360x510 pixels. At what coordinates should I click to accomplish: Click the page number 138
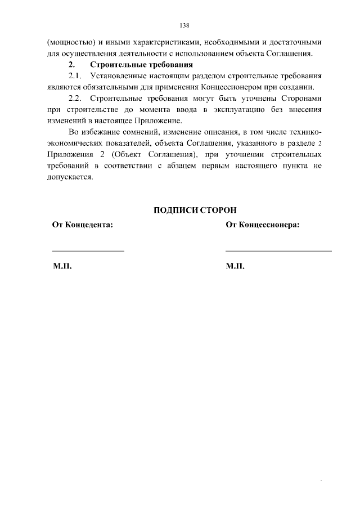[184, 25]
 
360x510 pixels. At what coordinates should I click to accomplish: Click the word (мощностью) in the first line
[67, 43]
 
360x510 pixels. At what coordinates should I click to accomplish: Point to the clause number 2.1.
[75, 76]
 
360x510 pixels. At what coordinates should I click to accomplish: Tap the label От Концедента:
[83, 225]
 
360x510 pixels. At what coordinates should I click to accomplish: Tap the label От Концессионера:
[263, 225]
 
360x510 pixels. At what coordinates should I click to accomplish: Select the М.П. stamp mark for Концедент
[62, 266]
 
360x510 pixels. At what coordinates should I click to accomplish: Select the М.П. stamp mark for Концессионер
[235, 266]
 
